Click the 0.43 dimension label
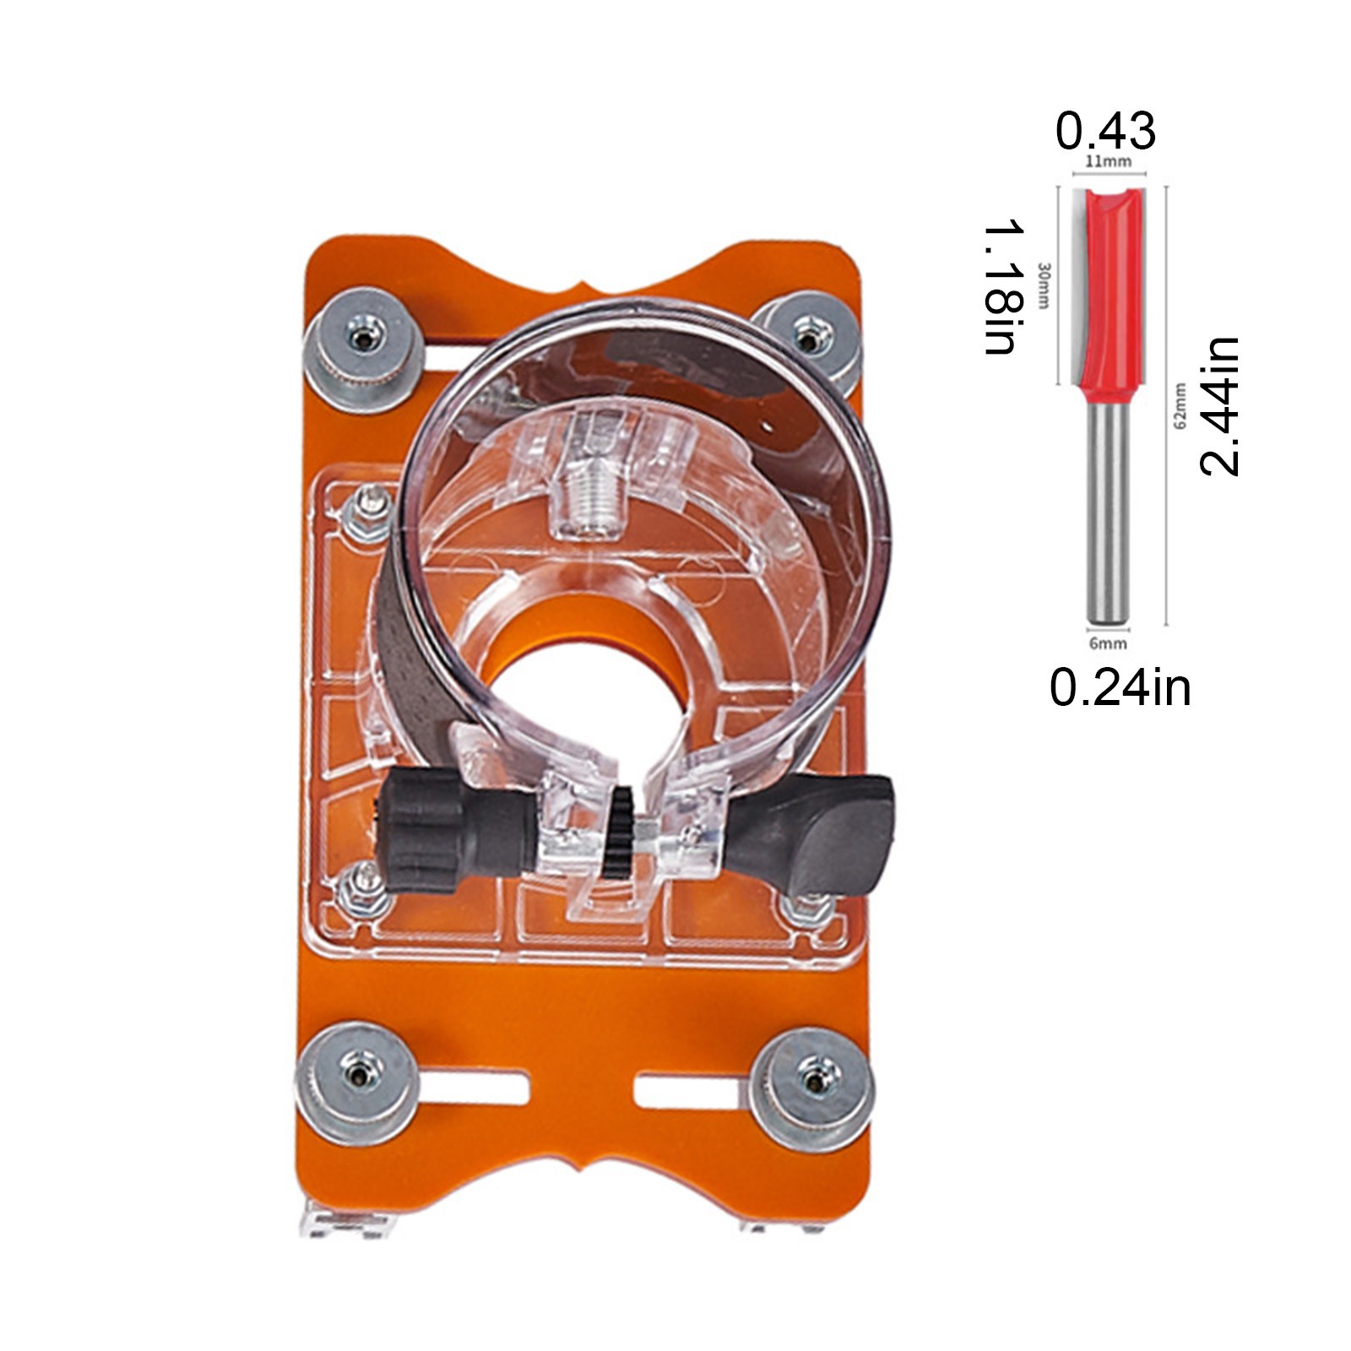pos(1105,131)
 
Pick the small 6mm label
pos(1108,643)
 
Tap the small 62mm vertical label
pos(1180,405)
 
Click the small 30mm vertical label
pos(1044,285)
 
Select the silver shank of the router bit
pos(1108,514)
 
